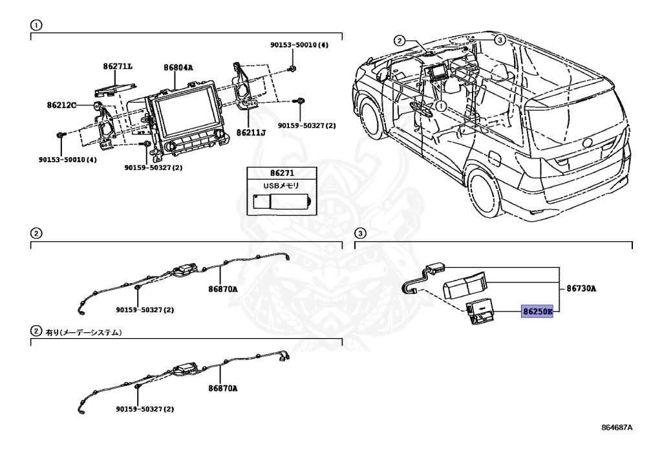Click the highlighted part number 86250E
(x=537, y=312)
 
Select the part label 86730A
(x=581, y=289)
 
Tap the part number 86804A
(x=178, y=67)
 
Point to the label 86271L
(x=118, y=66)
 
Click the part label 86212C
(x=61, y=105)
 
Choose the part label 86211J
(x=251, y=133)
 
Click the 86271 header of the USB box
(x=282, y=173)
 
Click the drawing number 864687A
(x=617, y=427)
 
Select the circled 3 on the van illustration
(x=500, y=40)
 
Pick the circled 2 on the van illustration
(x=400, y=41)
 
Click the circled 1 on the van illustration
(x=440, y=106)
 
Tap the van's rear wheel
(x=484, y=193)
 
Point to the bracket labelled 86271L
(x=115, y=88)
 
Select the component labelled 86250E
(x=479, y=312)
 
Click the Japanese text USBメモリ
(x=281, y=186)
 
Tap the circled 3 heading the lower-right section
(x=359, y=233)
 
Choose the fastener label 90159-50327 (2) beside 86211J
(x=306, y=126)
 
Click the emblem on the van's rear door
(x=587, y=143)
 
